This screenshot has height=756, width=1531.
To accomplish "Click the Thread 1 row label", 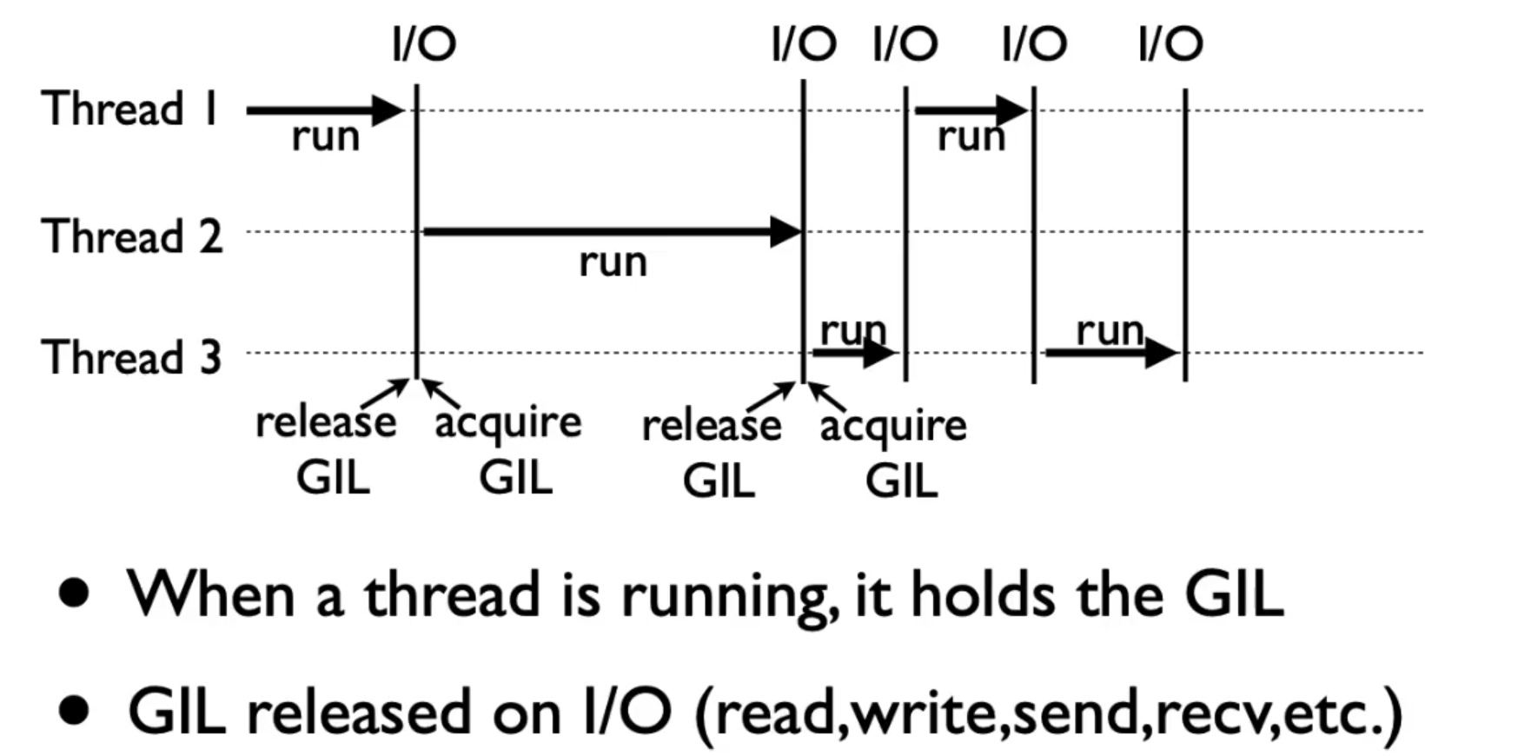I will click(130, 109).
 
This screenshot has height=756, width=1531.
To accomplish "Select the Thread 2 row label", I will click(132, 236).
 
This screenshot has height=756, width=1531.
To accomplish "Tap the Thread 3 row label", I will click(132, 357).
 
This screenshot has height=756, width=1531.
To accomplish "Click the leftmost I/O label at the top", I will click(424, 43).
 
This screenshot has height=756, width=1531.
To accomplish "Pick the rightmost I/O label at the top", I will click(1170, 43).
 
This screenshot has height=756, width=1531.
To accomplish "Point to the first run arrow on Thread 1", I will click(325, 110).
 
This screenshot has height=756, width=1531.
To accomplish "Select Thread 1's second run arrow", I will click(971, 110).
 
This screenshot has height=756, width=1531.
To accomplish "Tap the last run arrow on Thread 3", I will click(1110, 353).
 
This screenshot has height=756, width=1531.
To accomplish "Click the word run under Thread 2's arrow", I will click(613, 262).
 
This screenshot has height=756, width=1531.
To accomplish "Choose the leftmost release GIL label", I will click(327, 449).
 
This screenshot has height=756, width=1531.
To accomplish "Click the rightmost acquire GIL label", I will click(894, 452).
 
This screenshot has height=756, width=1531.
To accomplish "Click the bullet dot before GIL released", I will click(75, 711).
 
